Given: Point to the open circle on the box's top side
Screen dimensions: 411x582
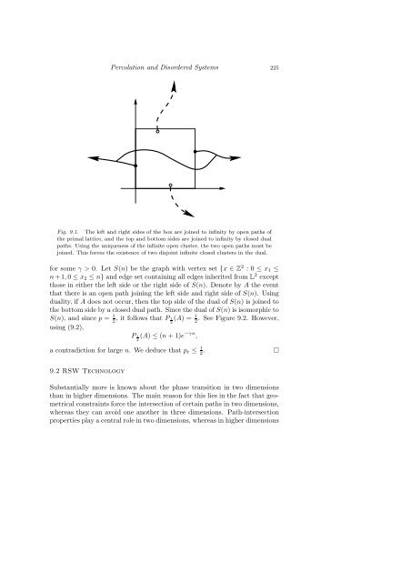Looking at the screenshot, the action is click(158, 131).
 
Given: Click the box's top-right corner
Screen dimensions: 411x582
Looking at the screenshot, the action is click(195, 130).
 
